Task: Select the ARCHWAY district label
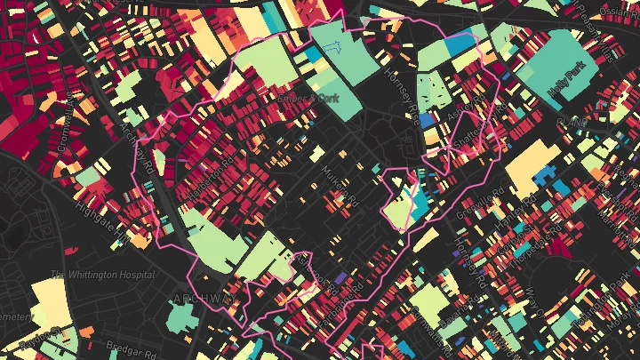click(206, 299)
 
